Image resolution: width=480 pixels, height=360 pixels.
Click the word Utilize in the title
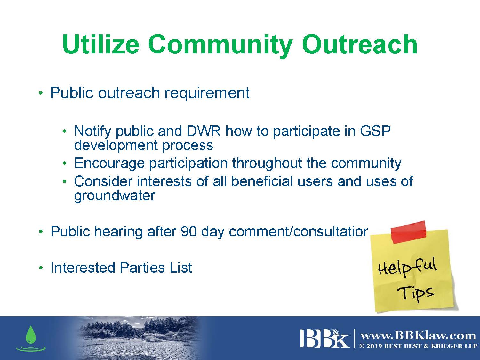tap(100, 44)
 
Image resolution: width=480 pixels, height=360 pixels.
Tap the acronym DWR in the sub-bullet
tap(204, 131)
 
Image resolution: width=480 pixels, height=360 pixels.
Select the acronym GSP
tap(375, 131)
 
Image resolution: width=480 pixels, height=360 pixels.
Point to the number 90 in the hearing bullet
tap(189, 231)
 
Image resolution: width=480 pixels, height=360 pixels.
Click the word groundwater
tap(115, 196)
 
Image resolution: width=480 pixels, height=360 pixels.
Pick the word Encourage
tap(109, 164)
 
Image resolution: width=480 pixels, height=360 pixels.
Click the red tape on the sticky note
tap(408, 232)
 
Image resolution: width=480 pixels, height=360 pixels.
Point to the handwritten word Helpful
tap(408, 268)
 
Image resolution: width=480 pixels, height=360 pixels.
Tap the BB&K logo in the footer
tap(324, 338)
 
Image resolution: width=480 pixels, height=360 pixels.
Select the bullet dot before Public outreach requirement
tap(41, 93)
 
